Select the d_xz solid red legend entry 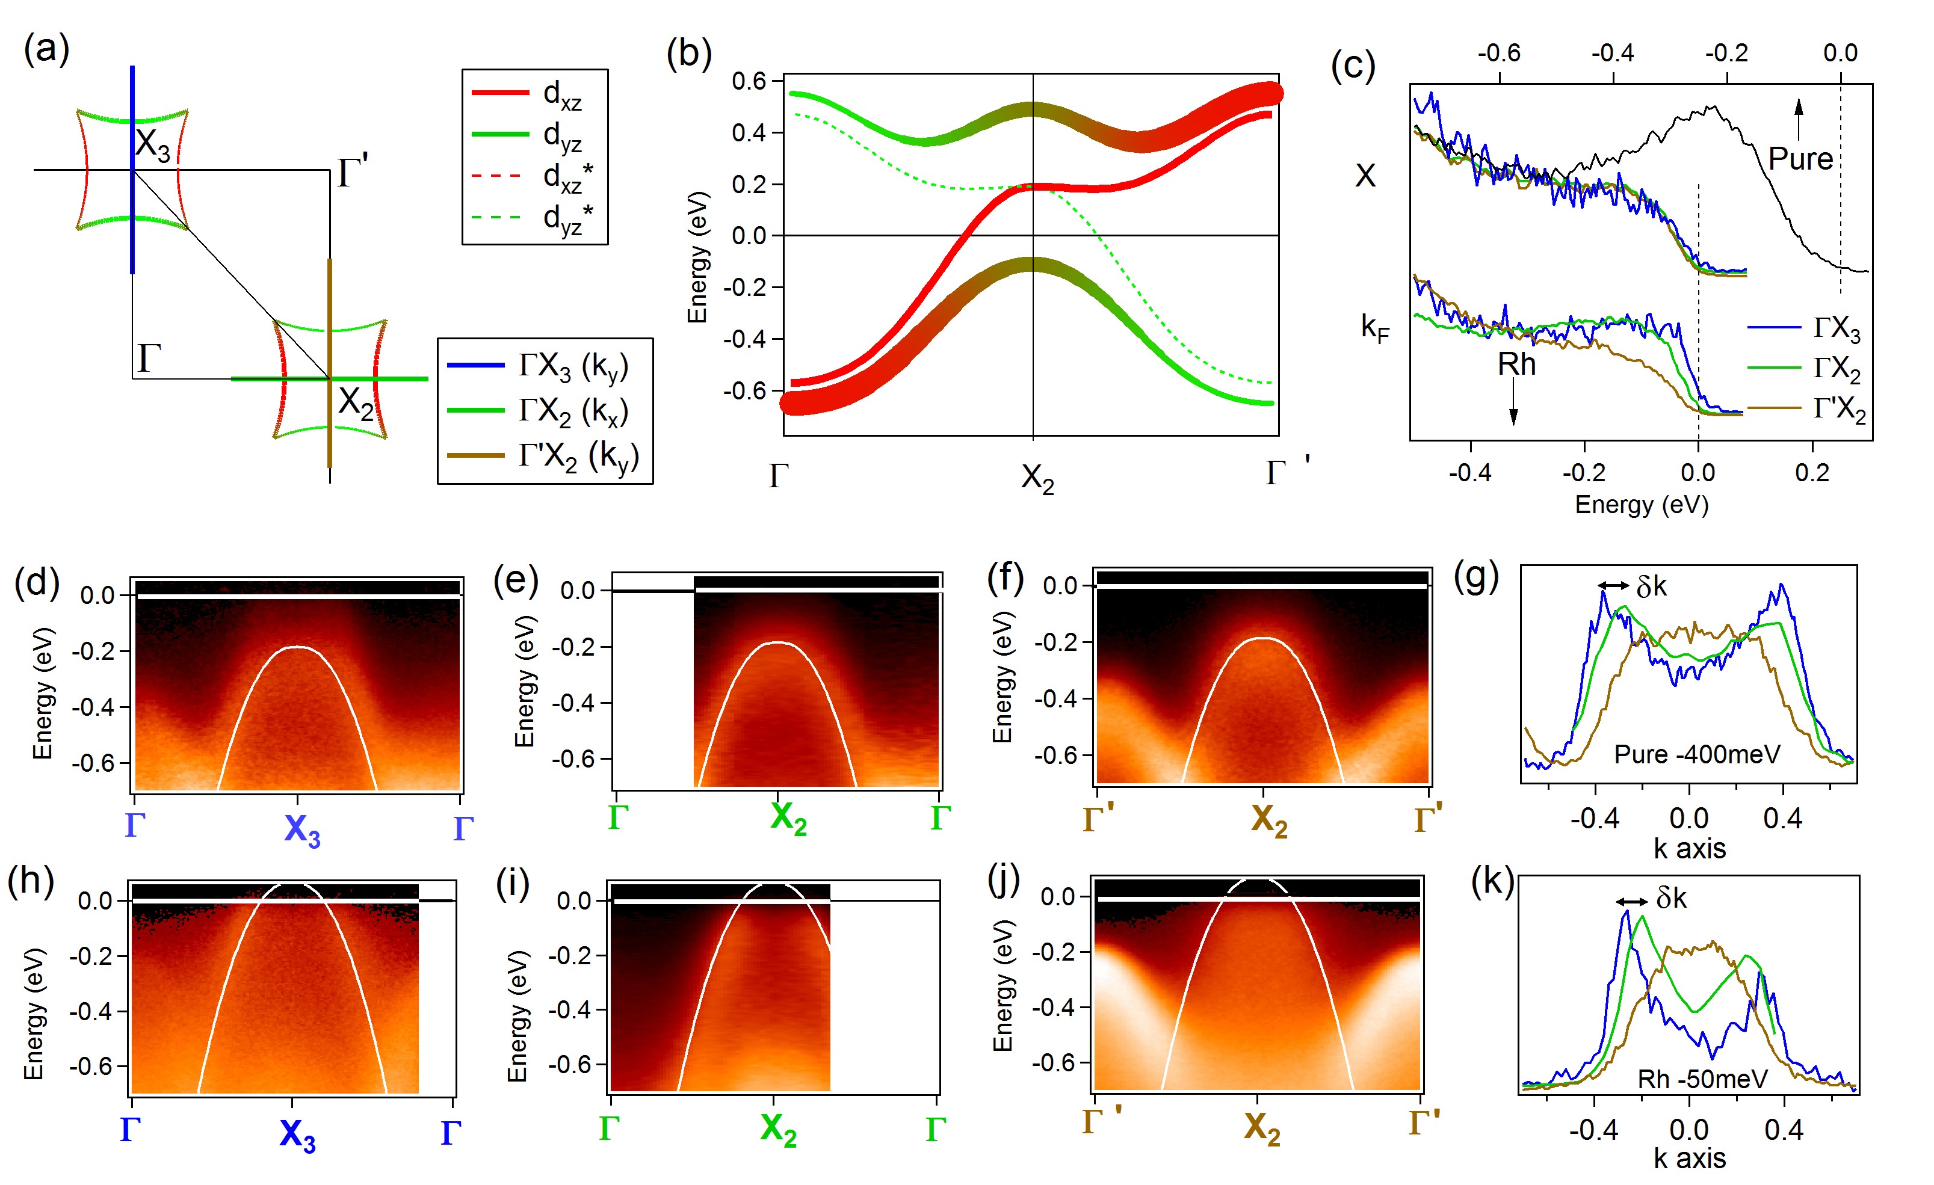534,95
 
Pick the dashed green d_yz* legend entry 534,217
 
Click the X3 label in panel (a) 152,145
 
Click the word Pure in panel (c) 1800,159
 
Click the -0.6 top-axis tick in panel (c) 1498,54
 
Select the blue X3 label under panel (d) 302,829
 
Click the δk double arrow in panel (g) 1613,585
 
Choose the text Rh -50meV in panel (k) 1702,1079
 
